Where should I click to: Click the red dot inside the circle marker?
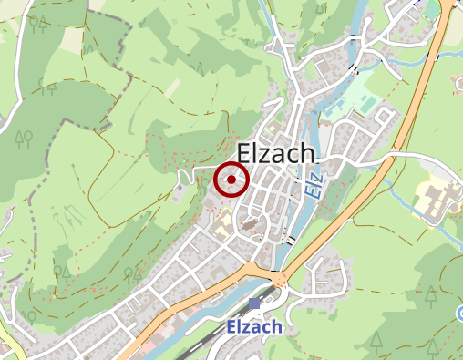tap(231, 180)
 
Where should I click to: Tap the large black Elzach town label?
tap(275, 153)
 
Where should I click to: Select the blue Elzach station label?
tap(254, 326)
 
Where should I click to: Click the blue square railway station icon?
tap(253, 303)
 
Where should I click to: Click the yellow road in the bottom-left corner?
tap(11, 345)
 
